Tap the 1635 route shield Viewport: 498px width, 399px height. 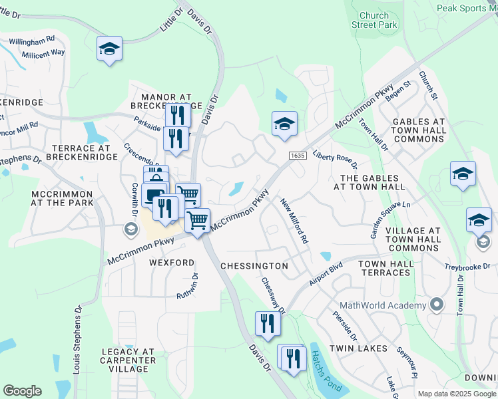pyautogui.click(x=298, y=155)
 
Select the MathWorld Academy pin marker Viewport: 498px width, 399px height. pyautogui.click(x=437, y=305)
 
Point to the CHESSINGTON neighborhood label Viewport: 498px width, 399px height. pyautogui.click(x=254, y=266)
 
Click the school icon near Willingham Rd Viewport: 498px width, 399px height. pyautogui.click(x=110, y=49)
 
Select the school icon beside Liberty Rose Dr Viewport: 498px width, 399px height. pyautogui.click(x=284, y=124)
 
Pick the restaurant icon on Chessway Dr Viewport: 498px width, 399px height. pyautogui.click(x=268, y=324)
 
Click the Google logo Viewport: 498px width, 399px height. pyautogui.click(x=22, y=391)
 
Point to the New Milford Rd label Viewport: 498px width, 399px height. pyautogui.click(x=294, y=220)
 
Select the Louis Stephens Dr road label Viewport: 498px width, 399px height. pyautogui.click(x=77, y=348)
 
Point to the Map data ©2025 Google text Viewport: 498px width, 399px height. pyautogui.click(x=457, y=393)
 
